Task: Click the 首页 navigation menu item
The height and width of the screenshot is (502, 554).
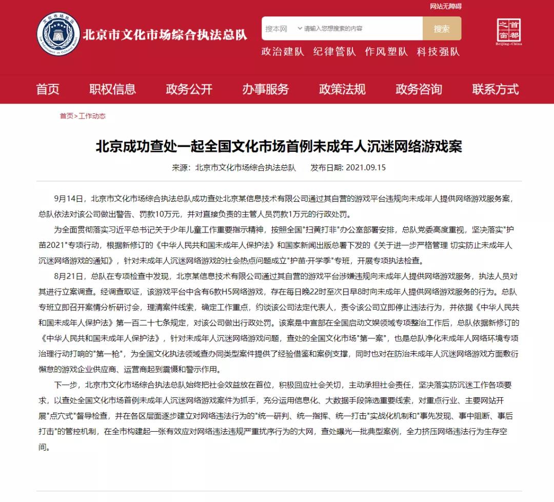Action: coord(48,89)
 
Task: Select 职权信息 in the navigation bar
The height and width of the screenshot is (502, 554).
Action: coord(112,89)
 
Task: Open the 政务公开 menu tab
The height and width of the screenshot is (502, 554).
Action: coord(189,89)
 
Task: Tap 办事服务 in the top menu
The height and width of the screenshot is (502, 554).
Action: coord(265,89)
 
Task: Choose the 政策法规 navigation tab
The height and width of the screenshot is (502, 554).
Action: coord(342,89)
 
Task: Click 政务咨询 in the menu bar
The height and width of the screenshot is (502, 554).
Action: coord(419,89)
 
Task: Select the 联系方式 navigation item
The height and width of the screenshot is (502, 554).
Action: coord(495,89)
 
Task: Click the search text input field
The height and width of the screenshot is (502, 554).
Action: coord(362,29)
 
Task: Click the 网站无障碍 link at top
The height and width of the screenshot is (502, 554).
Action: coord(445,6)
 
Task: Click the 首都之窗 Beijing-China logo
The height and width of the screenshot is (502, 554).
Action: coord(509,32)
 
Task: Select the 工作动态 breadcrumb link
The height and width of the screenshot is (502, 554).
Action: coord(92,116)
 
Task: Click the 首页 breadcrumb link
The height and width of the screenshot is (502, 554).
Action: coord(66,116)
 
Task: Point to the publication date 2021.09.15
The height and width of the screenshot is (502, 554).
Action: coord(366,167)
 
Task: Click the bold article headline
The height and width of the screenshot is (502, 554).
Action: coord(279,147)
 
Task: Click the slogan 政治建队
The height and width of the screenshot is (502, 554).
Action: coord(283,52)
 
